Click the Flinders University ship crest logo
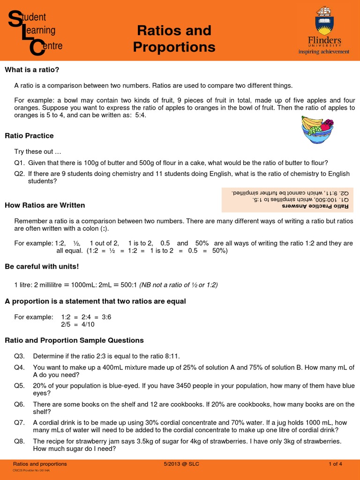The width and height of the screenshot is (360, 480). (324, 20)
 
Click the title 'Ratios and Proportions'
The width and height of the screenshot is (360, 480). (174, 39)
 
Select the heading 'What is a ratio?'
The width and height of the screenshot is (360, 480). (32, 70)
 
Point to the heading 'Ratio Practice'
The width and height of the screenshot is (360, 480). (29, 135)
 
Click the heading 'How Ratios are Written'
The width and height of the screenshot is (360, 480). (45, 205)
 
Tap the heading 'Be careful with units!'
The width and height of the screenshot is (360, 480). (42, 266)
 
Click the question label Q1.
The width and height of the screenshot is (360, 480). (19, 163)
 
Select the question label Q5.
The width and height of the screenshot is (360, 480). (19, 386)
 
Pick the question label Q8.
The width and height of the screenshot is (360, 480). (19, 441)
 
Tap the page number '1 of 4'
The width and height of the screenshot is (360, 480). (336, 464)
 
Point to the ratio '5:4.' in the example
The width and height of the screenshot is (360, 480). (139, 116)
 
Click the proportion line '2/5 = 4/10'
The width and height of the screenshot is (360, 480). (78, 324)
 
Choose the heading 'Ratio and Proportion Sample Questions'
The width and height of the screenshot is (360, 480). (74, 340)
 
